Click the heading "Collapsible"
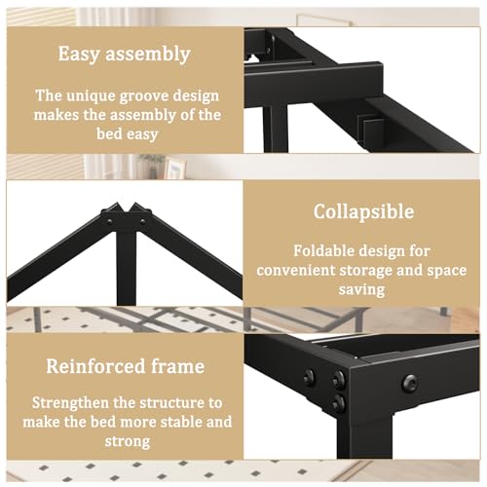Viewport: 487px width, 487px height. click(363, 211)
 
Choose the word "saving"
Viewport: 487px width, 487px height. click(363, 289)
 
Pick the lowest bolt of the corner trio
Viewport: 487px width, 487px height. click(338, 401)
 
